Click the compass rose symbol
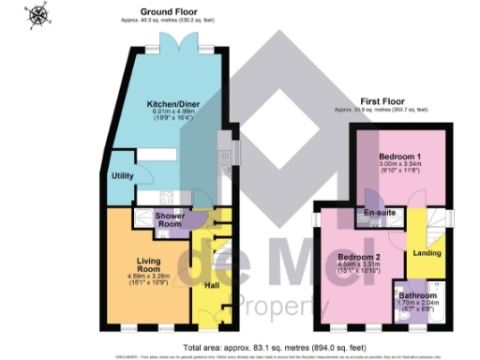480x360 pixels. [x=38, y=15]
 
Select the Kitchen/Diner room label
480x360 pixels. [x=172, y=105]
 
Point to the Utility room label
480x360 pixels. [x=123, y=175]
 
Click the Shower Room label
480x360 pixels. [x=169, y=221]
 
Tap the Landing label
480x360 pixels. [x=427, y=252]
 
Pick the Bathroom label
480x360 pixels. [x=412, y=295]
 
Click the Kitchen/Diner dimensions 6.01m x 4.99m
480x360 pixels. [x=172, y=113]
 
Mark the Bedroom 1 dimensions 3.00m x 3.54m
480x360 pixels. [x=399, y=166]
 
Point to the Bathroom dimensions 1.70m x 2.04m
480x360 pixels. [x=412, y=305]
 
